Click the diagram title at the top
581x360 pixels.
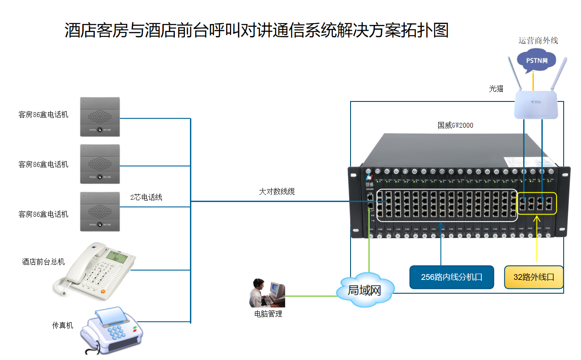257,30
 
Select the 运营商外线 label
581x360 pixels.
538,40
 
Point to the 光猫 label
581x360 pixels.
496,89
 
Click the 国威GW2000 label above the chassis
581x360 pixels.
455,125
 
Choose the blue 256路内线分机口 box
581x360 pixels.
452,277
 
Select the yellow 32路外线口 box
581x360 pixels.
534,277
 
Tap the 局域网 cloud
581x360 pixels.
365,291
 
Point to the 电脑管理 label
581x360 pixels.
268,314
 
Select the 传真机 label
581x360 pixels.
63,325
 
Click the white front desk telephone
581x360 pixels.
96,269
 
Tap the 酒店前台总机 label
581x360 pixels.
44,262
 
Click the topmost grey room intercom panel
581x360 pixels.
100,117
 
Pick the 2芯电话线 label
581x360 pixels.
146,197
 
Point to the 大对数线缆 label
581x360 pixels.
277,192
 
